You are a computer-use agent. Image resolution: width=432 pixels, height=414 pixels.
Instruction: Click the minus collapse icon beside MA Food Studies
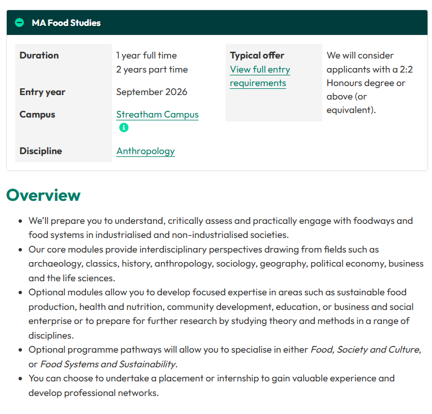(x=20, y=23)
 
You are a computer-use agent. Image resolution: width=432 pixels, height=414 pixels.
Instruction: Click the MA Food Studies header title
(x=66, y=23)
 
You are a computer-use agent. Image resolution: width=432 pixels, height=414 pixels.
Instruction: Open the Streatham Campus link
(x=157, y=114)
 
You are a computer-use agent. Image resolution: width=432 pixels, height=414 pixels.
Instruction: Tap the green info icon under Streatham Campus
(x=124, y=128)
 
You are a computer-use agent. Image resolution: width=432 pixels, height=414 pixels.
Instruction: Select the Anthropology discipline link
(x=145, y=151)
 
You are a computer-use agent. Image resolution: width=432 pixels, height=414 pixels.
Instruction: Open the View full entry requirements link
(x=259, y=76)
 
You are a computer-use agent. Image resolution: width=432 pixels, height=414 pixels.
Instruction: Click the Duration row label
(x=39, y=55)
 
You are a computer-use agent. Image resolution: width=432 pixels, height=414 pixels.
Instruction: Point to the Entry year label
(x=42, y=92)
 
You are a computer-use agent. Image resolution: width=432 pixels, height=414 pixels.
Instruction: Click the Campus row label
(x=37, y=114)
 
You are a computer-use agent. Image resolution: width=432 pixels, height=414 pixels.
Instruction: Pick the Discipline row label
(x=40, y=151)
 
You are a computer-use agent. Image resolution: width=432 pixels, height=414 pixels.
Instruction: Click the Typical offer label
(x=257, y=55)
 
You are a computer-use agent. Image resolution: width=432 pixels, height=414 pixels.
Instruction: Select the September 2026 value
(x=151, y=92)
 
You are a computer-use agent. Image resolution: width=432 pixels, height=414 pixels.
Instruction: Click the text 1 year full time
(x=146, y=55)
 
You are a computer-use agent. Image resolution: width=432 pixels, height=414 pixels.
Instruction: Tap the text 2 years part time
(x=152, y=70)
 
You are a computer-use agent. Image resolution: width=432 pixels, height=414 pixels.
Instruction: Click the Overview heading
(x=43, y=195)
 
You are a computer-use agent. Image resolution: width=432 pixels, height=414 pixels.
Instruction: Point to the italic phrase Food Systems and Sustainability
(x=108, y=364)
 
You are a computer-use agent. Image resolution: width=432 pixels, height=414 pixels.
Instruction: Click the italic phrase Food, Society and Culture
(x=364, y=349)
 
